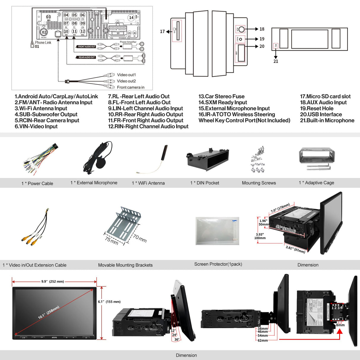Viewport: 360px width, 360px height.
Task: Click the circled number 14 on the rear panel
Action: point(131,18)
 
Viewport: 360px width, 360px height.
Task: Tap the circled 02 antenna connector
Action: point(44,32)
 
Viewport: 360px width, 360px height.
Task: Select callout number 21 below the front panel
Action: point(276,61)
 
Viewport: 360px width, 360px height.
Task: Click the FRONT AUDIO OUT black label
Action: point(87,47)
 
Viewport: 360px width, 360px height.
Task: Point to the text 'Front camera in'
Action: point(130,87)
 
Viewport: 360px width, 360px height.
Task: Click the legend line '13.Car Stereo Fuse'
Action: point(222,96)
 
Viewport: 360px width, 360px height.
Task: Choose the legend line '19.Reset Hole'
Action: point(317,109)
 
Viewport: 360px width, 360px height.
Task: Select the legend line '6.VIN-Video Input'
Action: point(36,126)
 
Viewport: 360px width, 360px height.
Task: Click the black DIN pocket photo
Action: point(208,160)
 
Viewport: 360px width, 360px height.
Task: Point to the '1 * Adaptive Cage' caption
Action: point(316,183)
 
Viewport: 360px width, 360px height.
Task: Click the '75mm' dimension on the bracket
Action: point(111,240)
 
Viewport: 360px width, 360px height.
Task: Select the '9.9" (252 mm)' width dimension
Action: point(52,281)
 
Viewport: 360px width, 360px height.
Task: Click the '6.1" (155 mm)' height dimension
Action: point(109,302)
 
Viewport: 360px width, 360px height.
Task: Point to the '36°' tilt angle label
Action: point(177,340)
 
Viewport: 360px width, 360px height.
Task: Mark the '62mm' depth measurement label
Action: point(263,340)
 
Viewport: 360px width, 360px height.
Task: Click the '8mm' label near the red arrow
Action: point(340,325)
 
